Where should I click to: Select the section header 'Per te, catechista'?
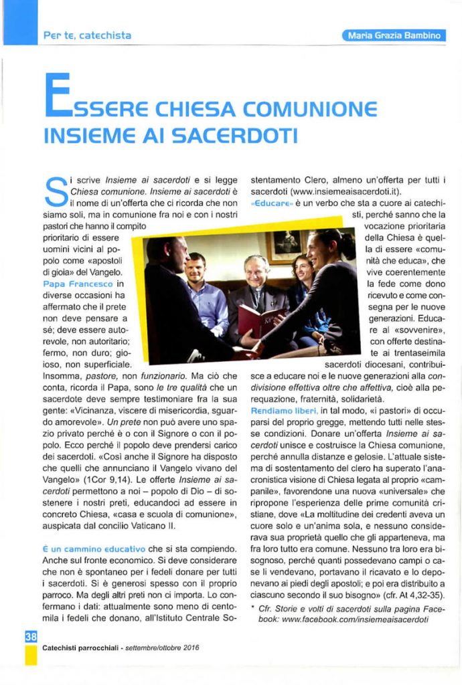87,35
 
